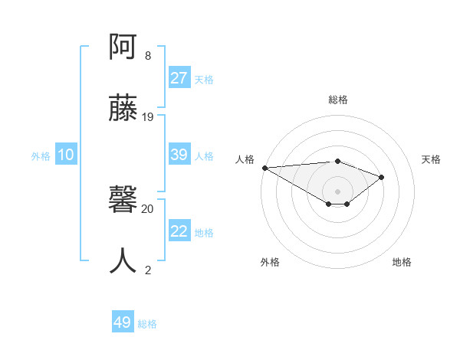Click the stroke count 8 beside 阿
tap(148, 56)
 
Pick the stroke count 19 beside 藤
tap(148, 116)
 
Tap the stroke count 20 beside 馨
tap(148, 208)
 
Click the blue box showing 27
tap(179, 78)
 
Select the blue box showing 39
tap(179, 155)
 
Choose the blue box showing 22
tap(179, 231)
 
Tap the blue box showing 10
tap(66, 155)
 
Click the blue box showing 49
tap(123, 322)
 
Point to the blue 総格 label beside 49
tap(147, 324)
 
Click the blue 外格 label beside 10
tap(41, 155)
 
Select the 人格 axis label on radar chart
tap(245, 159)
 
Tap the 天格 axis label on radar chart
tap(431, 159)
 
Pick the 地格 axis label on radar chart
tap(402, 262)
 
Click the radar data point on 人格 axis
tap(264, 167)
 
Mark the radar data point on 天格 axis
tap(382, 177)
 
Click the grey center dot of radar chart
tap(337, 191)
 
